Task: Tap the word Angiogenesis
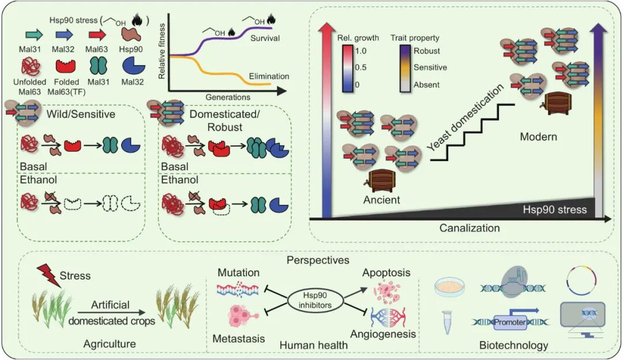(x=382, y=334)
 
